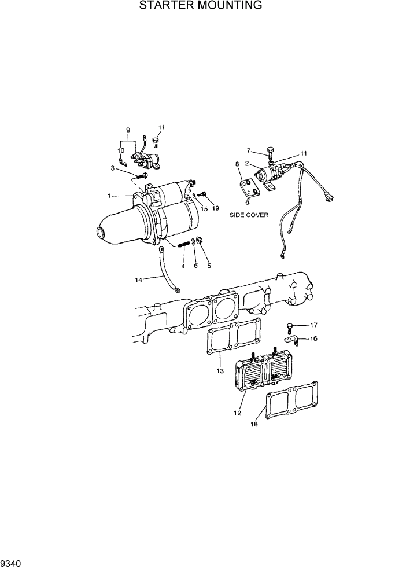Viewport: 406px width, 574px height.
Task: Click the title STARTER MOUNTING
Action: [201, 6]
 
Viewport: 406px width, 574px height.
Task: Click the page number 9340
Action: [12, 563]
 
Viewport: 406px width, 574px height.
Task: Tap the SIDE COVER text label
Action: [248, 214]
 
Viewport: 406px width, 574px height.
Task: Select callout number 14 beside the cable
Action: [138, 279]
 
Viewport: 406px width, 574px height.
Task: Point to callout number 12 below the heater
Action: [237, 413]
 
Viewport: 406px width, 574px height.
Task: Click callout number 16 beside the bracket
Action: [314, 339]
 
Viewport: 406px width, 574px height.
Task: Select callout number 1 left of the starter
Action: [109, 196]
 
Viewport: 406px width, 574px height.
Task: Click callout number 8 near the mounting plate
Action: [237, 165]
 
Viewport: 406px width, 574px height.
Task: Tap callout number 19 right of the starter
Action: [215, 208]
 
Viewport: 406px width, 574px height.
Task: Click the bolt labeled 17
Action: [289, 328]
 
